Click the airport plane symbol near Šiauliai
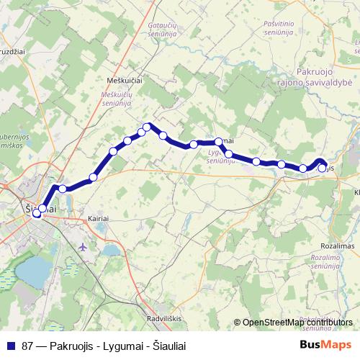[81, 246]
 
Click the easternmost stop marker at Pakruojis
[322, 168]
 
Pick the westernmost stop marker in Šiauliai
[36, 214]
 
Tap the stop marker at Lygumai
[219, 142]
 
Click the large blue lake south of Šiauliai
[33, 271]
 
